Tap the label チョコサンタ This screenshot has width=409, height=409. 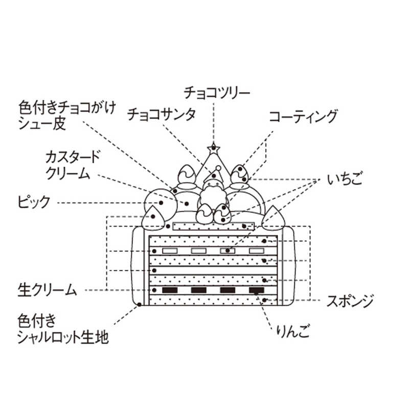pyautogui.click(x=161, y=113)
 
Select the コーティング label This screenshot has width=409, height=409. pyautogui.click(x=303, y=117)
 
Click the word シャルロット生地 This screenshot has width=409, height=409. pyautogui.click(x=63, y=338)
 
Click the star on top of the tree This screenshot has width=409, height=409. pyautogui.click(x=214, y=148)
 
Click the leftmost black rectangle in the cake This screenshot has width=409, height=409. pyautogui.click(x=169, y=290)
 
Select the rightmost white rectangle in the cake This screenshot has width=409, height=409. pyautogui.click(x=256, y=251)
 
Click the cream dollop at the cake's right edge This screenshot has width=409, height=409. pyautogui.click(x=275, y=217)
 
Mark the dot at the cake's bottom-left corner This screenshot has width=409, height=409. pyautogui.click(x=140, y=305)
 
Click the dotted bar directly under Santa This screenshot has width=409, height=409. pyautogui.click(x=214, y=225)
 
